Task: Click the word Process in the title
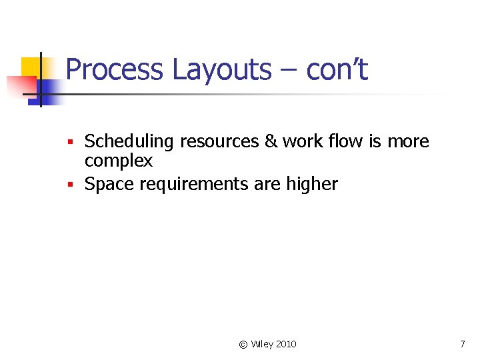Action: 114,70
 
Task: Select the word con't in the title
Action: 337,70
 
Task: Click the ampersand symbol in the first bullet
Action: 271,141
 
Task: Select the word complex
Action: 119,161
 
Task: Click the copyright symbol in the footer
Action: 243,344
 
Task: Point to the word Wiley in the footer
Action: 262,344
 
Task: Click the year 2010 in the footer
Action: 286,344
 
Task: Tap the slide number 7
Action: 462,344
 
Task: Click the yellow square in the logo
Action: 31,67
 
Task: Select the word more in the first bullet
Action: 409,141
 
